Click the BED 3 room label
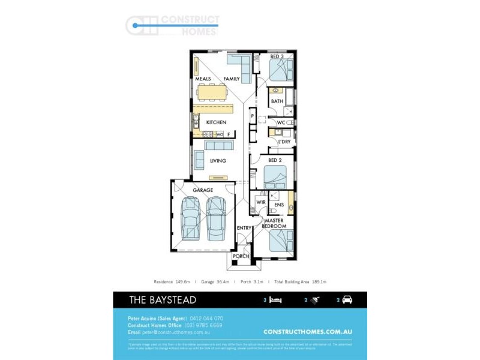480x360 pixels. click(x=277, y=56)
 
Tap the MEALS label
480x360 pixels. click(x=203, y=79)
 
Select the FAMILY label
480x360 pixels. click(x=232, y=79)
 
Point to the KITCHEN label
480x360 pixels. click(x=216, y=122)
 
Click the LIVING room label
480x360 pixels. click(x=218, y=161)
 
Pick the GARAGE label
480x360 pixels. click(x=202, y=190)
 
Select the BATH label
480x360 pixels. click(x=277, y=101)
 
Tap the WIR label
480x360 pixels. click(x=261, y=203)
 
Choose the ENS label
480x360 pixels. click(x=278, y=205)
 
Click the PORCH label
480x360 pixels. click(x=241, y=256)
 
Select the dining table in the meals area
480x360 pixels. click(x=212, y=92)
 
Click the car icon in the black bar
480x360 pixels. click(x=347, y=299)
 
